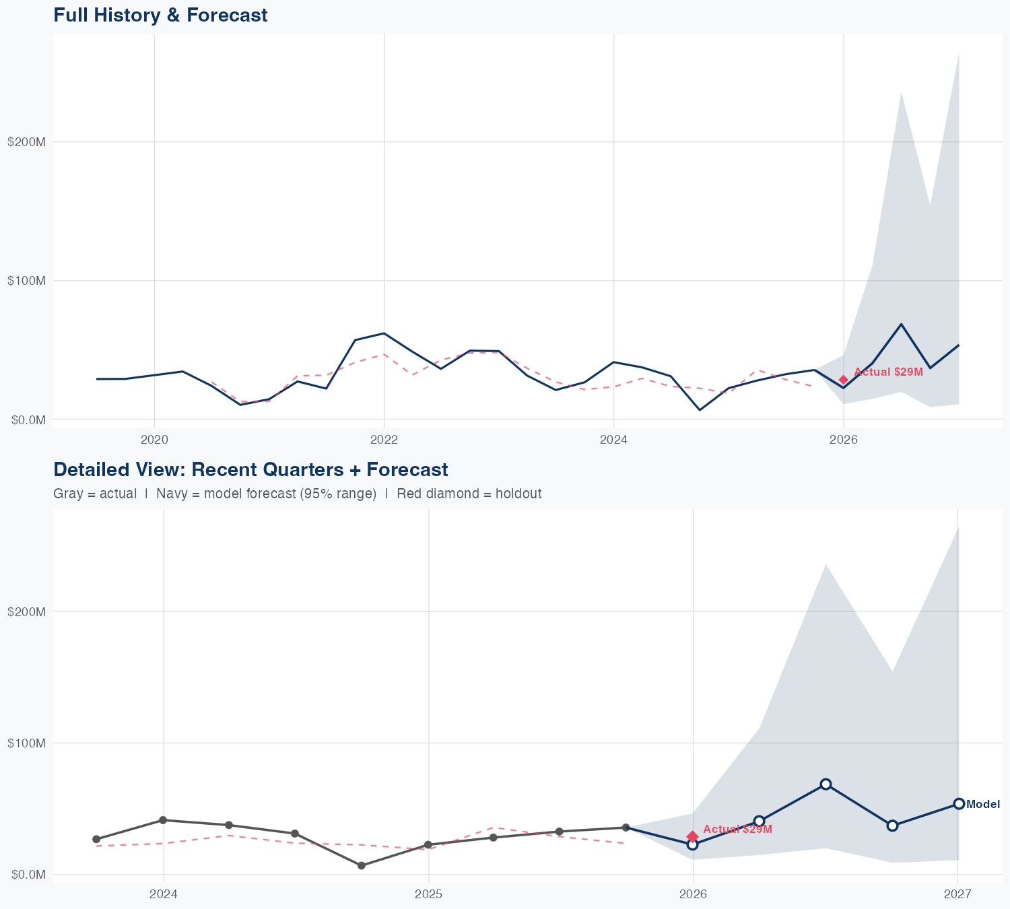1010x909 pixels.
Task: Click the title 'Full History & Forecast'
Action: tap(160, 15)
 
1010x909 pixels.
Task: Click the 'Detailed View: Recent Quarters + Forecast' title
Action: tap(250, 469)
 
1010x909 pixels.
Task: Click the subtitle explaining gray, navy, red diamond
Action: tap(297, 494)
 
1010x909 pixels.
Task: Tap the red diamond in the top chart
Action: tap(844, 380)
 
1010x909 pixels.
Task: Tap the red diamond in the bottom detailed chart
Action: tap(692, 836)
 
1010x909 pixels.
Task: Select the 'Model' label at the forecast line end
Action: tap(983, 804)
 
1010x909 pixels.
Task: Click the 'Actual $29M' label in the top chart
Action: tap(888, 372)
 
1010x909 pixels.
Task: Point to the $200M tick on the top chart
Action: tap(26, 142)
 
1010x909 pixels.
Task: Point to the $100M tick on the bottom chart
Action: tap(26, 743)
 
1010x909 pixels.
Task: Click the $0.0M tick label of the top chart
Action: tap(26, 419)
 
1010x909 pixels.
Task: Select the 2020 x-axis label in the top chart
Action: tap(154, 440)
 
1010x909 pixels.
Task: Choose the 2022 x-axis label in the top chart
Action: tap(384, 440)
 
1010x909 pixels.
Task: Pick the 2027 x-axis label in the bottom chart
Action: tap(957, 894)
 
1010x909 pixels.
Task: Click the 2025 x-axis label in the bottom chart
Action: tap(428, 894)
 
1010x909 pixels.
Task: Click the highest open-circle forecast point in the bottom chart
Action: tap(826, 784)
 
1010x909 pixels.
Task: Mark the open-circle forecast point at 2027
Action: tap(959, 803)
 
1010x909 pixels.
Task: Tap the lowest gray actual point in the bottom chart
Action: tap(362, 865)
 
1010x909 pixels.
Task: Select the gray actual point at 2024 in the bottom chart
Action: tap(163, 820)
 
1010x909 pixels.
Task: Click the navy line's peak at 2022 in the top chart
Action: tap(384, 333)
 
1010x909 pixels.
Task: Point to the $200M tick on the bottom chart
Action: tap(26, 611)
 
